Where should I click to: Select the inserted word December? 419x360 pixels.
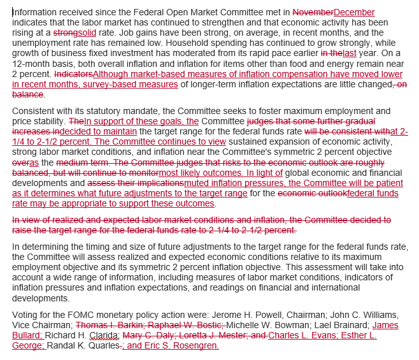click(x=354, y=12)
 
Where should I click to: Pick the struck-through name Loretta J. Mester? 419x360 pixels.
click(x=214, y=335)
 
